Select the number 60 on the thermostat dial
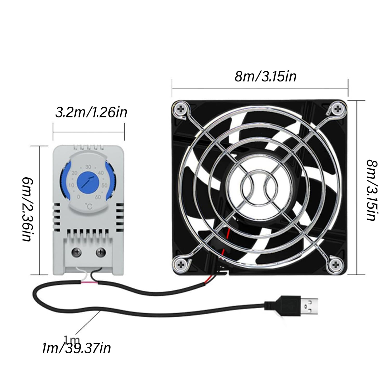pyautogui.click(x=98, y=197)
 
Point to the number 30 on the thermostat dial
pyautogui.click(x=88, y=167)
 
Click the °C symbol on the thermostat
pyautogui.click(x=89, y=207)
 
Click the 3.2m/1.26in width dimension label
pyautogui.click(x=91, y=113)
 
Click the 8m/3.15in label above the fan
pyautogui.click(x=265, y=77)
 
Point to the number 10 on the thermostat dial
pyautogui.click(x=71, y=185)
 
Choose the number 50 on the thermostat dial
pyautogui.click(x=105, y=185)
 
